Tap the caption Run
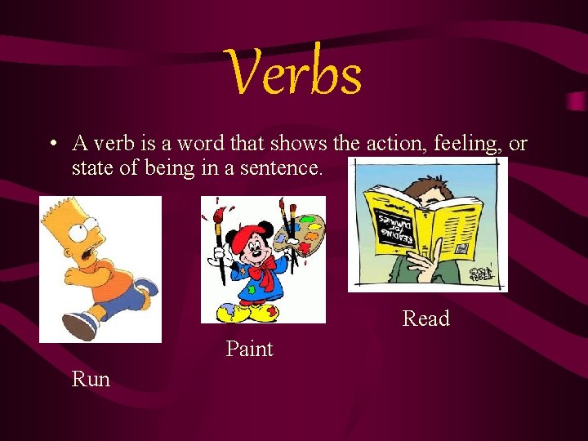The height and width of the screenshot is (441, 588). coord(91,379)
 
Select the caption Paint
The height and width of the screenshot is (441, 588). coord(249,350)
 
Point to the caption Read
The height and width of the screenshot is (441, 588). coord(425,318)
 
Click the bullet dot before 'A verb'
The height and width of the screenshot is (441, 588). coord(51,145)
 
